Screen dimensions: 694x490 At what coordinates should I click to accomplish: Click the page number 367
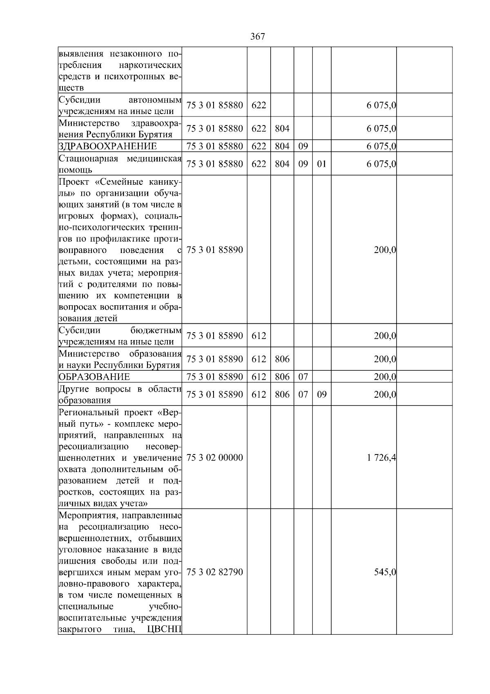(257, 37)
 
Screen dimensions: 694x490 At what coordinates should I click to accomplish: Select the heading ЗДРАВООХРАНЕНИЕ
(107, 146)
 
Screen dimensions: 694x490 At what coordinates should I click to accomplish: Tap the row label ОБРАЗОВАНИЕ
(94, 377)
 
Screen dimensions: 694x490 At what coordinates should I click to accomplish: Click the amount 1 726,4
(381, 458)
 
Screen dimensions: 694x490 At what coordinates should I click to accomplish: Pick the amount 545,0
(385, 572)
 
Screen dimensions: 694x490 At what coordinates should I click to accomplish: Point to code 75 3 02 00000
(214, 458)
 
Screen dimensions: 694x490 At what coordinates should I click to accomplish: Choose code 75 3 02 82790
(214, 572)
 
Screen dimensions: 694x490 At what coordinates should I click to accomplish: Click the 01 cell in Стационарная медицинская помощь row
(322, 164)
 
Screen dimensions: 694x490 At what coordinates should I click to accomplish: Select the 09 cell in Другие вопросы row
(322, 395)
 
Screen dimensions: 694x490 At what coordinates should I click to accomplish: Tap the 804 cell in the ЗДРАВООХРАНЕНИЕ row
(282, 146)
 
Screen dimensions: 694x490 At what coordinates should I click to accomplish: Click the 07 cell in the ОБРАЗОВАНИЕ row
(303, 377)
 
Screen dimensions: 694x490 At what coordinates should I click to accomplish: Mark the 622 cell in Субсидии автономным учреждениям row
(258, 105)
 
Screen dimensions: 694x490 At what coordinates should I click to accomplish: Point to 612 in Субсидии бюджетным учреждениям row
(258, 336)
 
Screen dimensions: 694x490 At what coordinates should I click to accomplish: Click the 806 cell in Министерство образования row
(282, 359)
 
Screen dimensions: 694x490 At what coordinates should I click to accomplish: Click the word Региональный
(86, 412)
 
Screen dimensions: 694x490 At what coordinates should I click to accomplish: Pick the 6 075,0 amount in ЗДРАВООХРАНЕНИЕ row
(381, 146)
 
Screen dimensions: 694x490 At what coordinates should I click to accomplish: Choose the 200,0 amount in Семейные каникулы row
(385, 250)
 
